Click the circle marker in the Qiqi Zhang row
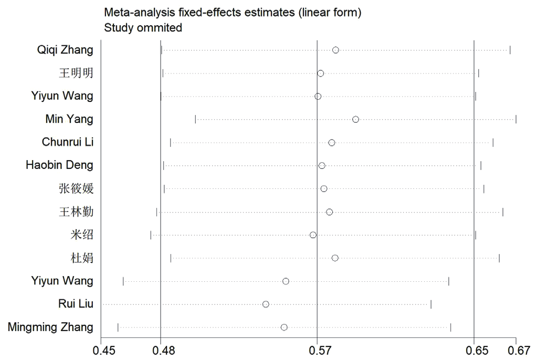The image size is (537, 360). click(335, 50)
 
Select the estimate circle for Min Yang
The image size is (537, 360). click(355, 119)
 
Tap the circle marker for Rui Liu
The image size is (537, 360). click(266, 304)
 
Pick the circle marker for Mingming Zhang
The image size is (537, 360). click(284, 327)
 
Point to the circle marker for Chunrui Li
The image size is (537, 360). click(331, 143)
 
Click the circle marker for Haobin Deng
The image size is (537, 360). click(322, 166)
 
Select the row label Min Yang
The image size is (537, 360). click(69, 120)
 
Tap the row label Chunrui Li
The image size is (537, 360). click(68, 142)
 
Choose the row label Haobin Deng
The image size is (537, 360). click(59, 165)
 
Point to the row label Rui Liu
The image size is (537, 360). click(76, 304)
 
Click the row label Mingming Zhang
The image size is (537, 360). click(50, 327)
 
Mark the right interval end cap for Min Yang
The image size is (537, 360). click(516, 119)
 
